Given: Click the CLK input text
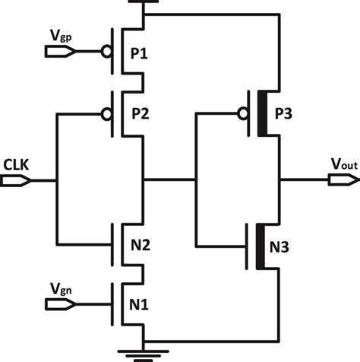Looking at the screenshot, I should [17, 164].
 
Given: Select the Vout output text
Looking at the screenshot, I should [340, 164].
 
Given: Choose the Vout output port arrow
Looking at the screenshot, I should [343, 181].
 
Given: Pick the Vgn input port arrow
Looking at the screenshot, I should [59, 304].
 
